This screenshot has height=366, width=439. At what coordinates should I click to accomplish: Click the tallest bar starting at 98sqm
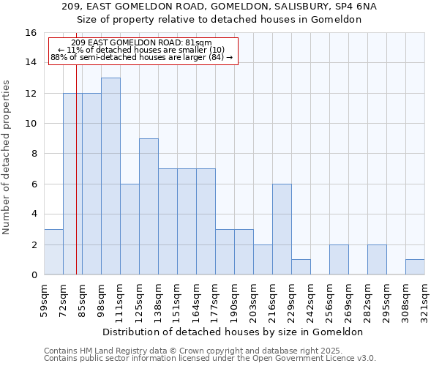[x=110, y=176]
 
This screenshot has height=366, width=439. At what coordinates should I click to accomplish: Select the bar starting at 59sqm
[x=53, y=252]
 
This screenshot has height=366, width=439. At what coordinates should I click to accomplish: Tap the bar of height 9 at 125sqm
[x=149, y=206]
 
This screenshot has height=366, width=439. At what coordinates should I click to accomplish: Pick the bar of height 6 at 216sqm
[x=282, y=229]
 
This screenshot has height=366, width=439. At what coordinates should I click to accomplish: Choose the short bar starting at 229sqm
[x=301, y=267]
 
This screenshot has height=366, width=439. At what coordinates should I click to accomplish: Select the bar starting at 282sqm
[x=377, y=260]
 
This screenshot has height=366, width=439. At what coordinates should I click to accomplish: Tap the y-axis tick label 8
[x=34, y=154]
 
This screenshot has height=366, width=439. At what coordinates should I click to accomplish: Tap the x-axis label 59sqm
[x=44, y=299]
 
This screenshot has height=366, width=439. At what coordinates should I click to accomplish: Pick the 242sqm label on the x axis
[x=310, y=299]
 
